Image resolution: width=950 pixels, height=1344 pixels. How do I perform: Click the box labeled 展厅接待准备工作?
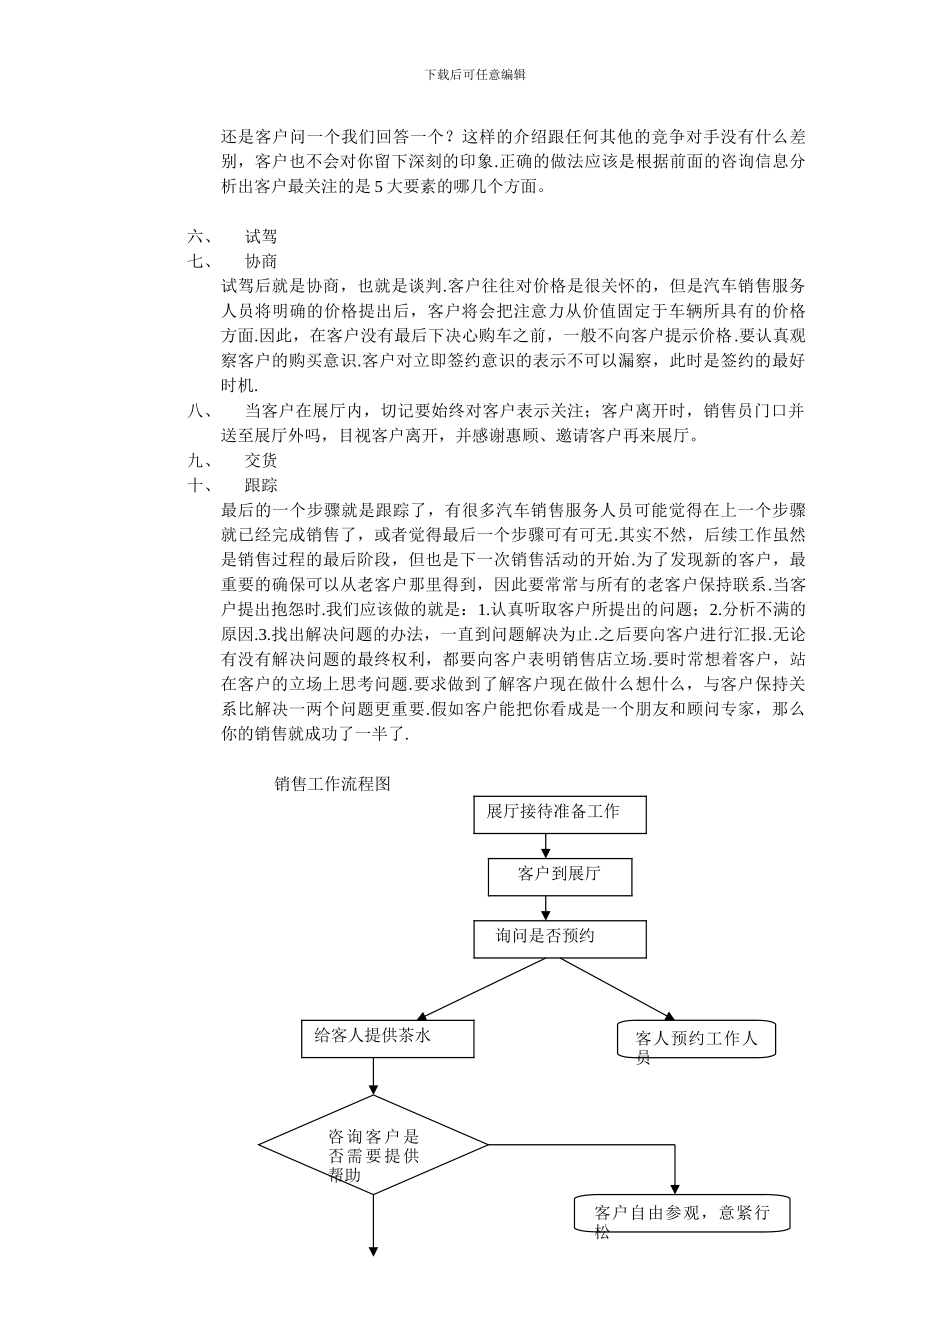click(x=559, y=814)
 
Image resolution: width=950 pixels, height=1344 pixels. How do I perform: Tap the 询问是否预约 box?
click(x=559, y=938)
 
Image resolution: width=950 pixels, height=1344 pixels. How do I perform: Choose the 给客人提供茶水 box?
click(x=373, y=1037)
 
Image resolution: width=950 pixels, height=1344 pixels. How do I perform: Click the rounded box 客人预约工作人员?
click(x=697, y=1041)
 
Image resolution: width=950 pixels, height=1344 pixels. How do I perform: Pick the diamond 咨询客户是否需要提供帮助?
click(x=373, y=1144)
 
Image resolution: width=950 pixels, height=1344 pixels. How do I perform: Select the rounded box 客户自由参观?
click(x=683, y=1214)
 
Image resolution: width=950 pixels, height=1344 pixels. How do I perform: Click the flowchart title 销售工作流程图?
click(x=332, y=784)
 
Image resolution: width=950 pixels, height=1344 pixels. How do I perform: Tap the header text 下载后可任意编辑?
click(x=475, y=74)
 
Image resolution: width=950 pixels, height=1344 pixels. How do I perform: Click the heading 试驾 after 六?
click(x=261, y=237)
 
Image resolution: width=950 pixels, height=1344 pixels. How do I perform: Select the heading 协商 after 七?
click(x=261, y=262)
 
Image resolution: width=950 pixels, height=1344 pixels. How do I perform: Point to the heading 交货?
click(x=261, y=461)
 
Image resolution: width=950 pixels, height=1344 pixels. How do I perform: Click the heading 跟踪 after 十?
click(x=261, y=486)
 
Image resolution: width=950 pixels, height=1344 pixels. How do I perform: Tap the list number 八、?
click(x=199, y=411)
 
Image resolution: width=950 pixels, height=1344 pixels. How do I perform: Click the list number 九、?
click(x=199, y=461)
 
